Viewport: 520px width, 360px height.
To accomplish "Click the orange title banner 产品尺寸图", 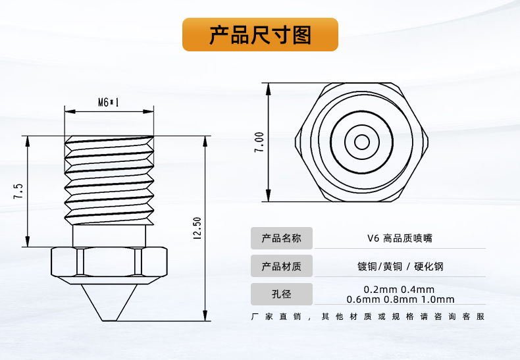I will [260, 34].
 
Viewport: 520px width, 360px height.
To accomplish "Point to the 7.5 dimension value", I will [18, 192].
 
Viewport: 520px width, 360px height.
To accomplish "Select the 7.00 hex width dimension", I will [259, 142].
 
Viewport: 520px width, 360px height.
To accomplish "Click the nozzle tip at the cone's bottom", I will [109, 321].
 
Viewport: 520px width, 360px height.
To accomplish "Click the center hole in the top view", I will [362, 142].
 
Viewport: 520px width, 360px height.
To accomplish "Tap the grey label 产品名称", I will [281, 238].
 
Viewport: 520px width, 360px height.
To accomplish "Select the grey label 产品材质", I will [281, 267].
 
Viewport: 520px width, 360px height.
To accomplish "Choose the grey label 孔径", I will [281, 294].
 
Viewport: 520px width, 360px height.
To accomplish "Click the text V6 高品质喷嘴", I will [400, 238].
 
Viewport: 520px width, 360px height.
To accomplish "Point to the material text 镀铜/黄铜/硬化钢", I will [400, 267].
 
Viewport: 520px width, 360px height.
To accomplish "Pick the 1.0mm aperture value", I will [440, 300].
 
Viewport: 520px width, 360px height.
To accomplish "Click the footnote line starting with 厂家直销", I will [368, 317].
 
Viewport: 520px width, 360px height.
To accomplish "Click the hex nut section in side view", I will [109, 262].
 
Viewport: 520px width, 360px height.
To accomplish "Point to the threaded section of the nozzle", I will [109, 178].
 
